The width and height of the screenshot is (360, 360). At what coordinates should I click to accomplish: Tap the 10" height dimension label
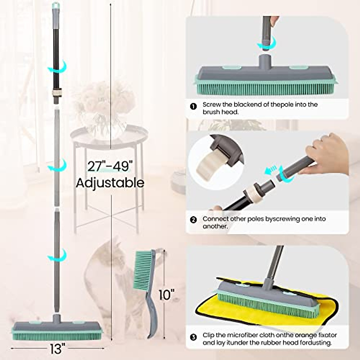(167, 295)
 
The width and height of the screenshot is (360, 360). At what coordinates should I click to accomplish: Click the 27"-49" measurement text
(110, 166)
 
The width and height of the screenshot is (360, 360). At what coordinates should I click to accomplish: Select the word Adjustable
(110, 183)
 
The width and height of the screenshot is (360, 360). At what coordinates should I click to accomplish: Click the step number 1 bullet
(194, 106)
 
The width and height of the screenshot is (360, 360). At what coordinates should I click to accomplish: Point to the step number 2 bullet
(194, 220)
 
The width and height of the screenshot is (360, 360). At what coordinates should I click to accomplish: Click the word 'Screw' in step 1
(211, 105)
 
